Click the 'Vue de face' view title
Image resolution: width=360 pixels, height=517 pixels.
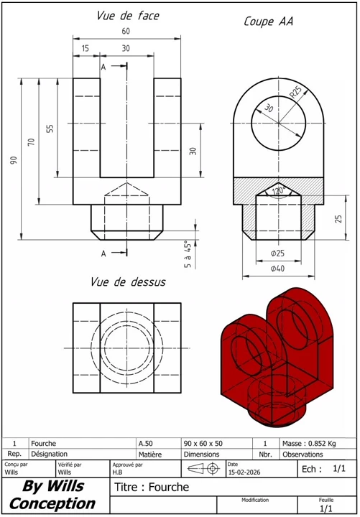click(128, 16)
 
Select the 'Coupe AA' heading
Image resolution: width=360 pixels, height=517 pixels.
click(268, 22)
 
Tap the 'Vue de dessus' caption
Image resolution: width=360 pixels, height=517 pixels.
click(128, 282)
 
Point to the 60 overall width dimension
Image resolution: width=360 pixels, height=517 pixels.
click(126, 31)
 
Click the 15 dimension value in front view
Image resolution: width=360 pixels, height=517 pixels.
click(85, 49)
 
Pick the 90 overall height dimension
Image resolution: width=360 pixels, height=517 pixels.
click(14, 160)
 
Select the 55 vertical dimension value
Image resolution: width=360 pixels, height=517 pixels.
click(50, 129)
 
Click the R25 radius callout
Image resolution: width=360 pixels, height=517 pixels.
click(295, 94)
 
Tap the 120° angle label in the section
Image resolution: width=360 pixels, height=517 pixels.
click(279, 191)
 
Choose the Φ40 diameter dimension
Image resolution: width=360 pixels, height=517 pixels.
click(277, 269)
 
